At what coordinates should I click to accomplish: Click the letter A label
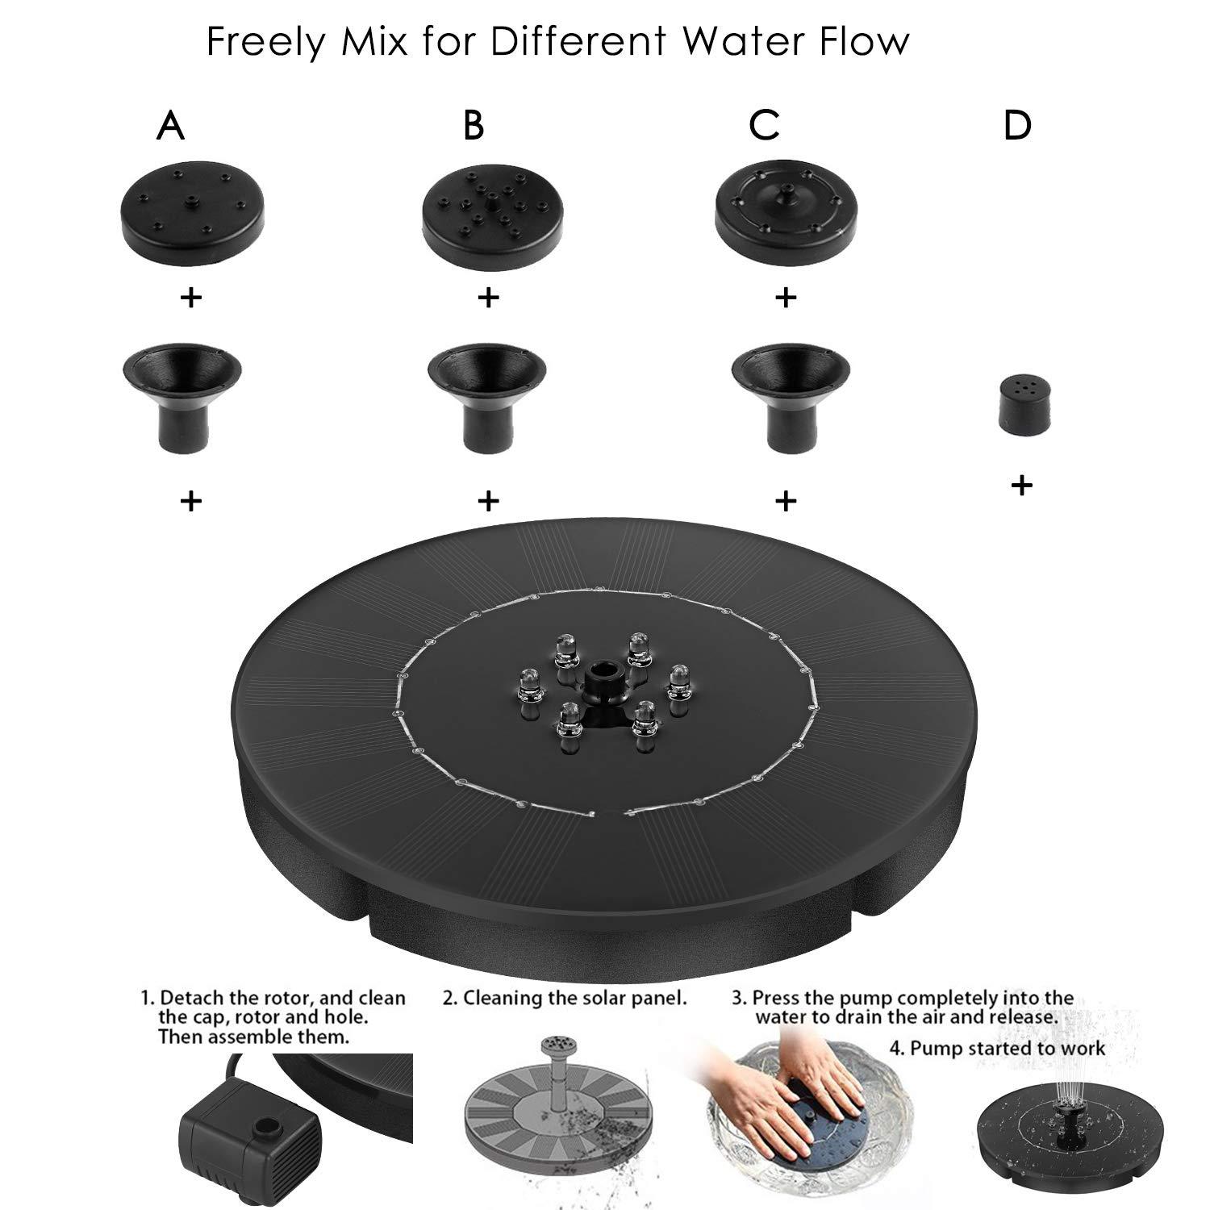[x=170, y=126]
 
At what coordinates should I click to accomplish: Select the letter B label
[x=474, y=126]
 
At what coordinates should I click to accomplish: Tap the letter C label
[x=764, y=126]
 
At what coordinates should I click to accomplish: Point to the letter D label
[x=1017, y=126]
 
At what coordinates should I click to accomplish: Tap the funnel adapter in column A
[x=182, y=386]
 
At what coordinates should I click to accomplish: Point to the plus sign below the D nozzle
[x=1021, y=485]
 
